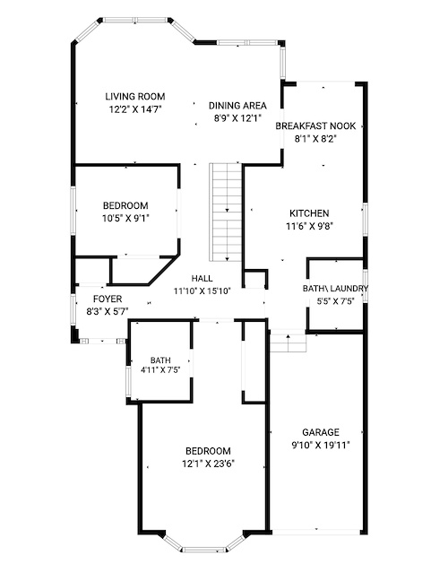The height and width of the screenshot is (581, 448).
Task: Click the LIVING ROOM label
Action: [135, 97]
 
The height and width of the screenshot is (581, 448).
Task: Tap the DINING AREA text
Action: [237, 106]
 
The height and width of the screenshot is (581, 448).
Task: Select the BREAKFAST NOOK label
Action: [315, 126]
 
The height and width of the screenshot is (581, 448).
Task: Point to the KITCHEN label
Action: [309, 213]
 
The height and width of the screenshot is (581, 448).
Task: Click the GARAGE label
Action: [321, 432]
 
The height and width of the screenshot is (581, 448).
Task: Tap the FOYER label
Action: [108, 299]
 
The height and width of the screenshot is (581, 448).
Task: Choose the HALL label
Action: [202, 278]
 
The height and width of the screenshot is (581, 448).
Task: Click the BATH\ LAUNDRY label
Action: [335, 289]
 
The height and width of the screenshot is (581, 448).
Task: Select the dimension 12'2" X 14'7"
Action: [135, 109]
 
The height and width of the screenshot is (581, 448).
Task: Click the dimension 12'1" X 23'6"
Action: [209, 464]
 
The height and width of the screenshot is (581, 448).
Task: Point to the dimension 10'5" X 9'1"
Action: [125, 219]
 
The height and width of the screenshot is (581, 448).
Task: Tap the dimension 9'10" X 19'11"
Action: [321, 445]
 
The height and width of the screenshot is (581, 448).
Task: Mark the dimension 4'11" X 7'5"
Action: [160, 369]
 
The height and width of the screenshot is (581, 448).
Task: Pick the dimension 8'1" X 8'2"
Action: [315, 139]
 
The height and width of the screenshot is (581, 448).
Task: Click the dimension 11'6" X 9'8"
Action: [309, 226]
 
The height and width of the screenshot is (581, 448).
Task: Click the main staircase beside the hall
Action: [226, 212]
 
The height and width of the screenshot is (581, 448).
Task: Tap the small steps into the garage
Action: [288, 341]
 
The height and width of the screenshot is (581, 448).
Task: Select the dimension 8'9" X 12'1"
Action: [237, 118]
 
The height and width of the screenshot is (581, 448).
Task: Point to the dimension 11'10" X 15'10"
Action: [202, 291]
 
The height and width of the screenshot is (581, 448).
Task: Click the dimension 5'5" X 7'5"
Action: [335, 301]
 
